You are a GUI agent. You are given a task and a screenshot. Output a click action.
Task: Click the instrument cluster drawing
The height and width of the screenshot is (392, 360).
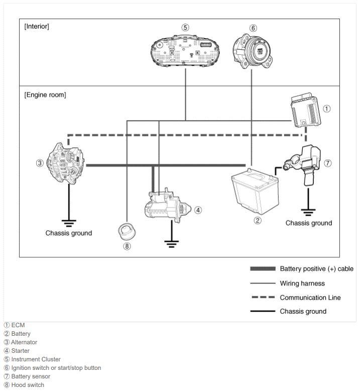coord(185,51)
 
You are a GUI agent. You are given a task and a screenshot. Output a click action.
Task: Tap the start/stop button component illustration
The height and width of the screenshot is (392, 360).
coord(253,51)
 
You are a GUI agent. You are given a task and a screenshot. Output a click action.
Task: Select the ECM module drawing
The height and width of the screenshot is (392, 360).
coord(306,110)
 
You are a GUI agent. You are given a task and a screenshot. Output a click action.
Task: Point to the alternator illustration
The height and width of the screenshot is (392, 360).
coord(66,163)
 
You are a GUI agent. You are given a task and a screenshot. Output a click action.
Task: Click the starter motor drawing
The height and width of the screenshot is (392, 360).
coord(168,206)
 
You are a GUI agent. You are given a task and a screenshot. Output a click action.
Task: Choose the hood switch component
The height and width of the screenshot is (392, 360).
coord(127,230)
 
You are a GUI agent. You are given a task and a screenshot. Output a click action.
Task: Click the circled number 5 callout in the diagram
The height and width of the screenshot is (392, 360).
coord(185,27)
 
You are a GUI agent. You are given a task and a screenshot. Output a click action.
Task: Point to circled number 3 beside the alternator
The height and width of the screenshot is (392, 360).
coord(40,163)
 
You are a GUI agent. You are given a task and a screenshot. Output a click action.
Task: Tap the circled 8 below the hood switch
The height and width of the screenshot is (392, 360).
coord(127,246)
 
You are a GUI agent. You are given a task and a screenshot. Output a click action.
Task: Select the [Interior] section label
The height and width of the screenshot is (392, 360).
coord(37,26)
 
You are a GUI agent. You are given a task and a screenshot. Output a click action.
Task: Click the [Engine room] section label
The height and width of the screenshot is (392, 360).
coord(45,95)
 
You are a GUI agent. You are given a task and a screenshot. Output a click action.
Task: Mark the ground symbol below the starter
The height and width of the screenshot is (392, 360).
coord(171,244)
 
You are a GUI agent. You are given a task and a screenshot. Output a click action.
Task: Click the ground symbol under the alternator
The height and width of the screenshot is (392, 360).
coord(69,223)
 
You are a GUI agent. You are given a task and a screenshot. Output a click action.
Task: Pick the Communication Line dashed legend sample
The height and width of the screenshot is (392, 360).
coord(263,297)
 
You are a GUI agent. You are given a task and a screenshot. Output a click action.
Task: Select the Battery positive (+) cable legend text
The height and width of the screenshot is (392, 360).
coord(316,269)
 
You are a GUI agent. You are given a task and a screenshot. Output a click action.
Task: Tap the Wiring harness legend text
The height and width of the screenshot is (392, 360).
coord(302,283)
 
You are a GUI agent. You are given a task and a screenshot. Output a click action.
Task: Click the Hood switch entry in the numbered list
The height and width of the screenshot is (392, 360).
coord(24,385)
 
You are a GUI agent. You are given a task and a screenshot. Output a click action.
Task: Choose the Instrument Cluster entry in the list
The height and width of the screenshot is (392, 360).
coord(32,359)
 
